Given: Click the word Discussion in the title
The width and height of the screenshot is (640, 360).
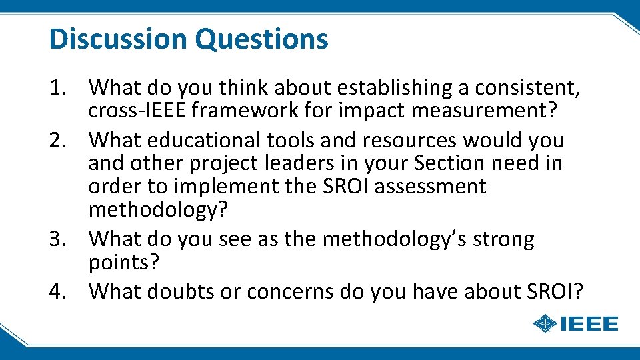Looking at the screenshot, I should [x=118, y=39].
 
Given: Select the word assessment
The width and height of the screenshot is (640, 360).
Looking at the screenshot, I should [x=430, y=187].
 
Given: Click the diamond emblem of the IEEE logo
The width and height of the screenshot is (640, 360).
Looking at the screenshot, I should [x=545, y=325].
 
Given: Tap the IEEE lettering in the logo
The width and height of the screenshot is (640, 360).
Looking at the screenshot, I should [x=589, y=325].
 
